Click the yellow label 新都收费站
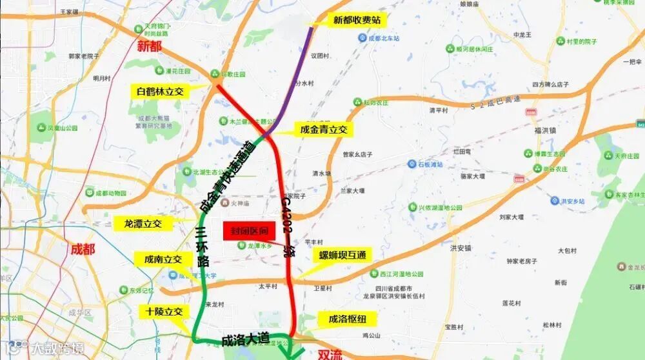[357, 20]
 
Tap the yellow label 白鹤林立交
[161, 92]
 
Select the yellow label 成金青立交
[324, 130]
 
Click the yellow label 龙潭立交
[143, 224]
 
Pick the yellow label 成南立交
[163, 259]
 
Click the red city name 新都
[150, 46]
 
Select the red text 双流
[330, 354]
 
